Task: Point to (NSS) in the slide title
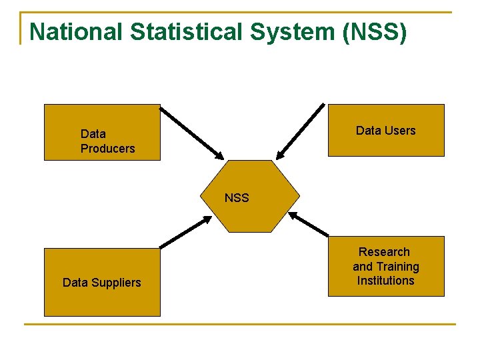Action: pos(373,31)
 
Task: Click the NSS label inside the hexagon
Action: pos(237,198)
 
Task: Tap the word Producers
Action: pos(107,149)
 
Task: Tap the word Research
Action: pos(384,252)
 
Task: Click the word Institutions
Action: pos(385,281)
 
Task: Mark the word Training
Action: pos(397,267)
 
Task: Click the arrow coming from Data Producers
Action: pos(193,131)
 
